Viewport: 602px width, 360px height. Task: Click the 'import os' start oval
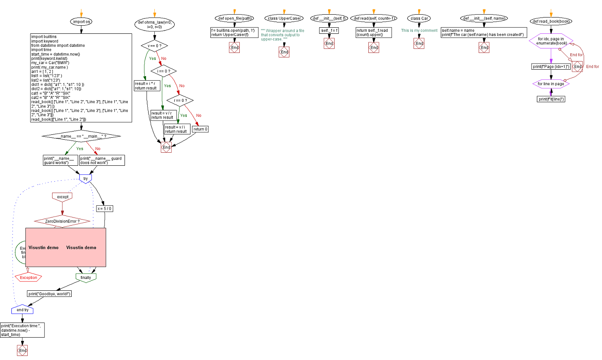[x=81, y=22]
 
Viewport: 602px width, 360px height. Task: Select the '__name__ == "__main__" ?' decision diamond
[x=81, y=136]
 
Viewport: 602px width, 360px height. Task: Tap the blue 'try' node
[x=85, y=178]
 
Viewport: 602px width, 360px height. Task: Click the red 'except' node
[x=62, y=197]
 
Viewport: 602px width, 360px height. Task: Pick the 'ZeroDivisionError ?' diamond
[x=62, y=221]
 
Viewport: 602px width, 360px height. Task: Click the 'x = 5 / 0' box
[x=105, y=209]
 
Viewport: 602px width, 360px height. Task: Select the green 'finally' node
[x=86, y=277]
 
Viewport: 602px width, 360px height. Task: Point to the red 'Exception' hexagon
[x=28, y=278]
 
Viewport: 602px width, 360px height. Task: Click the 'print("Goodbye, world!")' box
[x=49, y=294]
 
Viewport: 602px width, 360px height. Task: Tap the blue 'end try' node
[x=22, y=310]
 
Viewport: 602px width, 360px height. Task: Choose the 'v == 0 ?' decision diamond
[x=154, y=46]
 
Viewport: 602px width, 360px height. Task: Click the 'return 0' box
[x=200, y=129]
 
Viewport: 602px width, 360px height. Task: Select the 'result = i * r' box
[x=146, y=86]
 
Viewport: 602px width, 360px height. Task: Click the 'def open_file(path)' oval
[x=234, y=18]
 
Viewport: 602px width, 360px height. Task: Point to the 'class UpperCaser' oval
[x=284, y=18]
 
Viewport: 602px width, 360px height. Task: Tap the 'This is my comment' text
[x=419, y=31]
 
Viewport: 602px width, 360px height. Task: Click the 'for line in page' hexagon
[x=551, y=84]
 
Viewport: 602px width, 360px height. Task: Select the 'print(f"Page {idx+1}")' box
[x=551, y=66]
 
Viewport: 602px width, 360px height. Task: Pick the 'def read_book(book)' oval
[x=551, y=21]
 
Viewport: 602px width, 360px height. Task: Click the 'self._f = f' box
[x=329, y=31]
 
